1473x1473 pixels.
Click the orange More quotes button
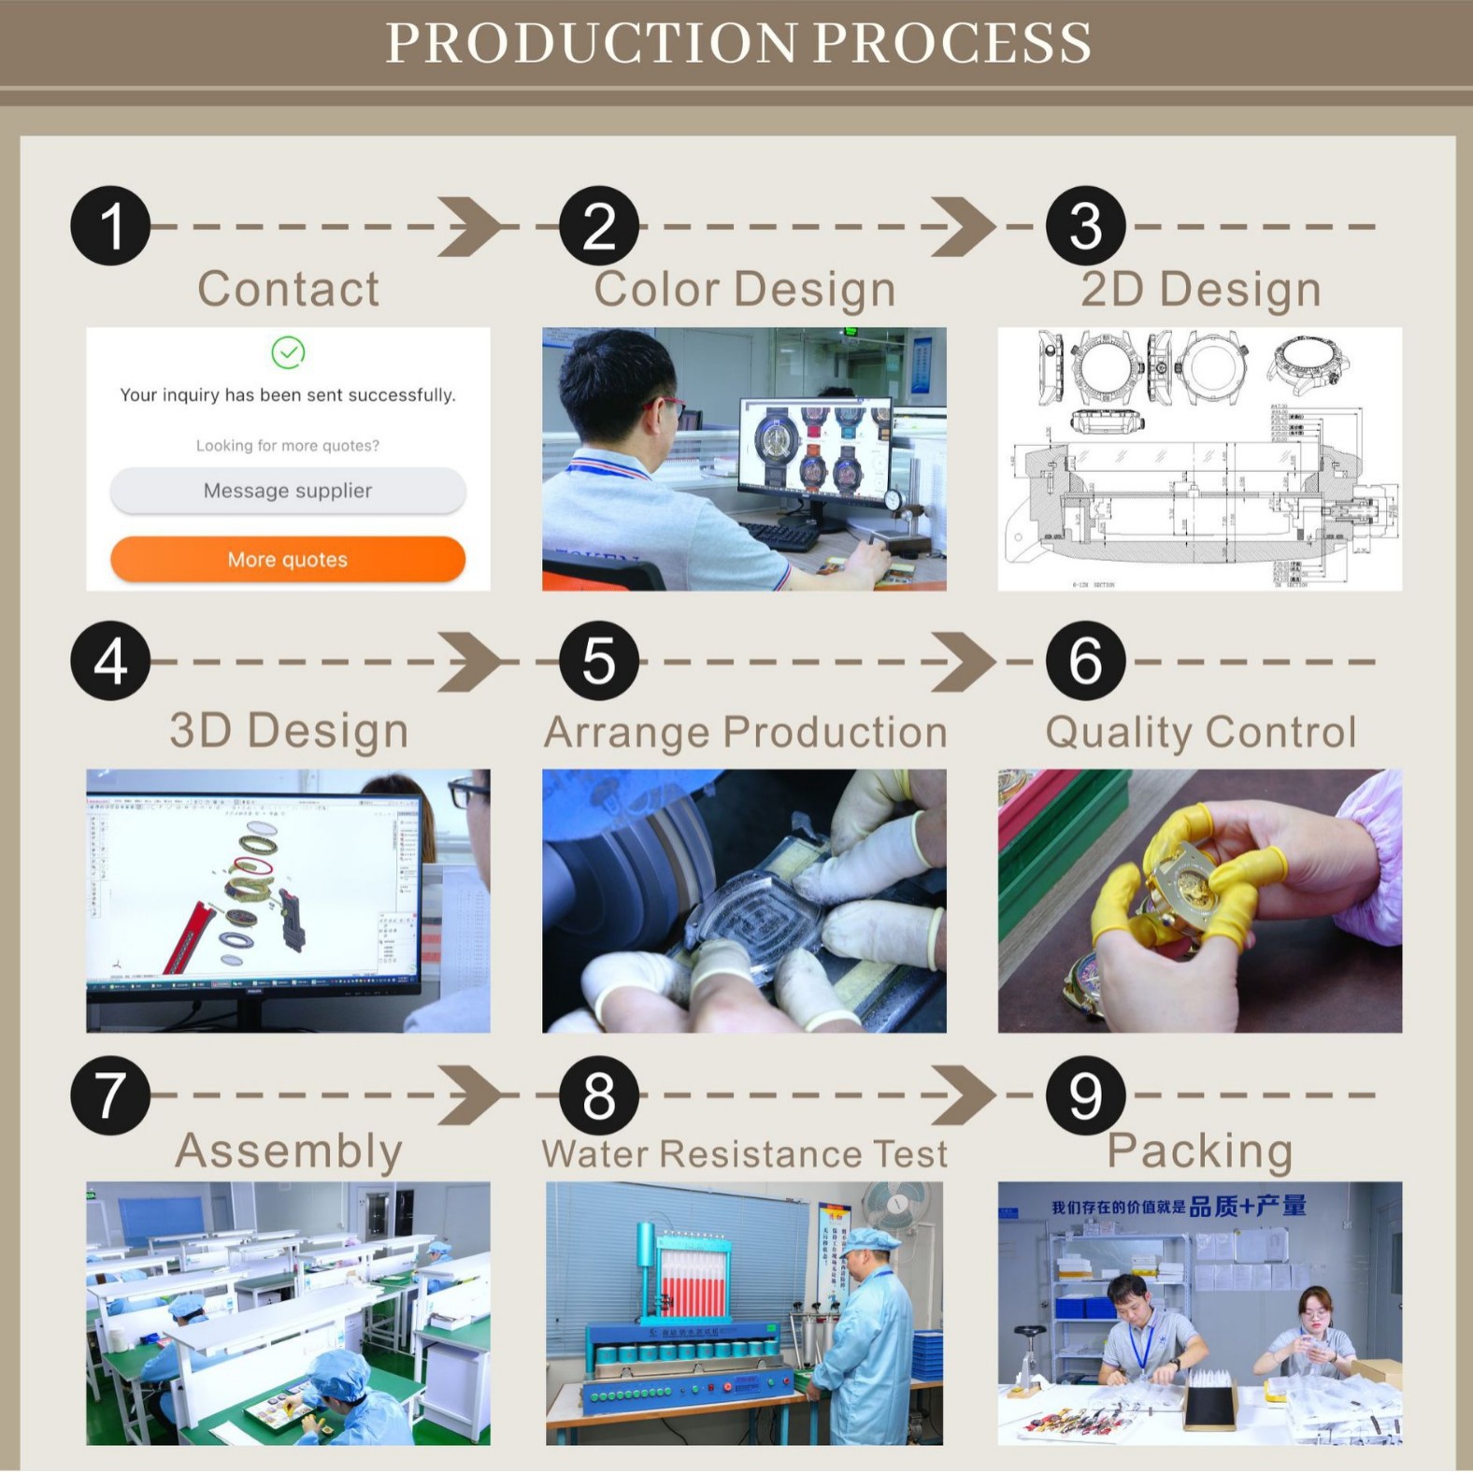pyautogui.click(x=288, y=559)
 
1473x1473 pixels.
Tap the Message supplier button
pyautogui.click(x=288, y=491)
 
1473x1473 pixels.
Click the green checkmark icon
pyautogui.click(x=288, y=352)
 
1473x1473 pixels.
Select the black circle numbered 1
pyautogui.click(x=110, y=226)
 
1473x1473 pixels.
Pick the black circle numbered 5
pyautogui.click(x=598, y=661)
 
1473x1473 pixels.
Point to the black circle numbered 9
pyautogui.click(x=1085, y=1095)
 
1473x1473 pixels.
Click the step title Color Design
pyautogui.click(x=744, y=289)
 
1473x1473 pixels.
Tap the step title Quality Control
pyautogui.click(x=1200, y=732)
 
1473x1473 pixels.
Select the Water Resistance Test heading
pyautogui.click(x=744, y=1153)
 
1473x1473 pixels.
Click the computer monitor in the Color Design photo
pyautogui.click(x=815, y=447)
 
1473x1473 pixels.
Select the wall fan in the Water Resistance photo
pyautogui.click(x=895, y=1207)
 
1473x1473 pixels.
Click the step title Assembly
pyautogui.click(x=288, y=1151)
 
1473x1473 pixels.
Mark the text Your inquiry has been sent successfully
pyautogui.click(x=288, y=394)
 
